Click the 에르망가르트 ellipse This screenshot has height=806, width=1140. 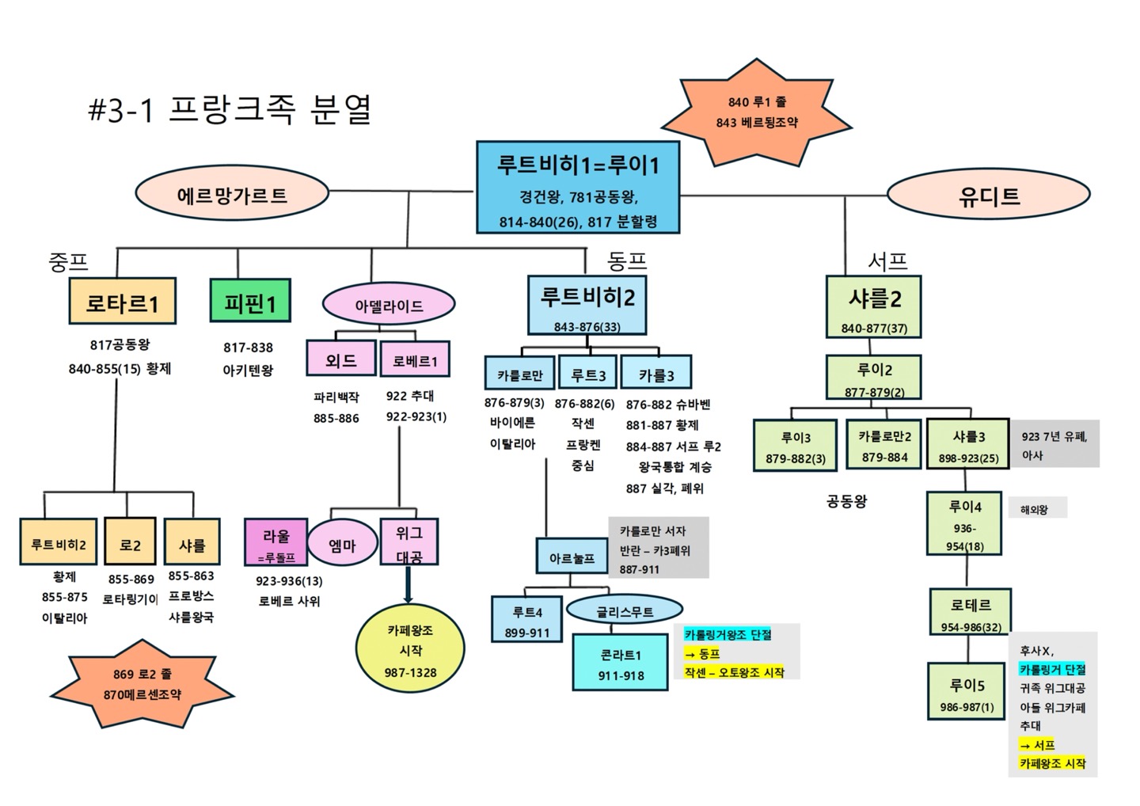pos(232,195)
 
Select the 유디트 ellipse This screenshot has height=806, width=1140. pos(989,196)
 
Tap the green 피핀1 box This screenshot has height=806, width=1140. pos(250,301)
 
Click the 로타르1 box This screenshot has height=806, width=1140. pos(122,301)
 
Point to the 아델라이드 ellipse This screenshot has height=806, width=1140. pos(389,306)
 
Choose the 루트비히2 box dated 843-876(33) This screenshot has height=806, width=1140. pos(587,305)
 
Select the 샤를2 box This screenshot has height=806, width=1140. pos(873,306)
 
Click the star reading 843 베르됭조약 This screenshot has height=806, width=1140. pos(757,112)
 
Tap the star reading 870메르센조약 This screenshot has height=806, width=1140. pos(142,684)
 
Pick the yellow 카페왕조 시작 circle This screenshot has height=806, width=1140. pos(410,651)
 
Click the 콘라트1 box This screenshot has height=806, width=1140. pos(621,664)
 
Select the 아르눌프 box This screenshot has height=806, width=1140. pos(572,557)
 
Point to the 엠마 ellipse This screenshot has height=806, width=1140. pos(342,545)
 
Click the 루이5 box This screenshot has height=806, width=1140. pos(967,691)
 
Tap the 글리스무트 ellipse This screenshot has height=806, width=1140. pos(625,611)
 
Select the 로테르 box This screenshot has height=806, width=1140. pos(971,611)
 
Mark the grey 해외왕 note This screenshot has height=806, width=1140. pos(1034,509)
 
